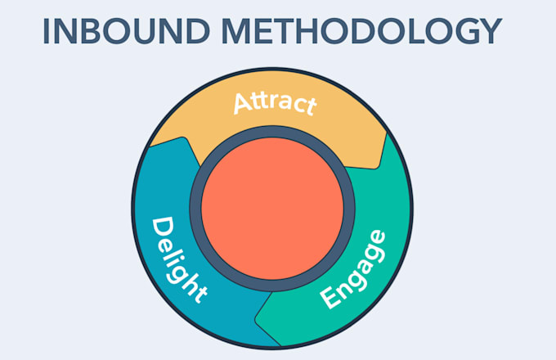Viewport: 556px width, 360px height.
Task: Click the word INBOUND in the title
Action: [127, 31]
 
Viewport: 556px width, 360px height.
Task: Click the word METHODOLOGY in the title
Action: [361, 31]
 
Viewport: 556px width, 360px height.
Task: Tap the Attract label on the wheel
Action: [275, 104]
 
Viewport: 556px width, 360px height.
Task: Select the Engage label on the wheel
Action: [353, 269]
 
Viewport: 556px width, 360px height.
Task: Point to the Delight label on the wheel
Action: [178, 260]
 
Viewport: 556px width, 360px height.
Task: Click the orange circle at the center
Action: [272, 209]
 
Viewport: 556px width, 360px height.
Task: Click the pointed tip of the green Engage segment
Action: [256, 319]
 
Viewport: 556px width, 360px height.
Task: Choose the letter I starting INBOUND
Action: [46, 31]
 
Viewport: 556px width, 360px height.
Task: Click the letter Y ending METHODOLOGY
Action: [491, 31]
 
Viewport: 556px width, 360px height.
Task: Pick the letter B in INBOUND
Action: [92, 31]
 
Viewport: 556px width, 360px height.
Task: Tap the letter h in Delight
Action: [186, 282]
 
